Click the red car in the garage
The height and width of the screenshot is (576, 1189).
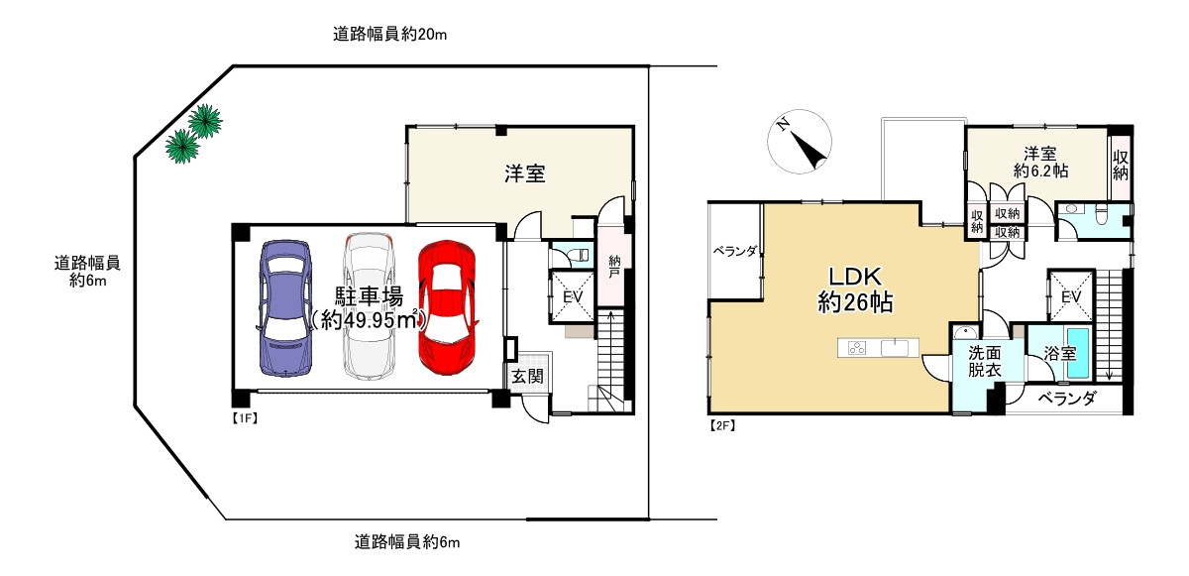click(447, 307)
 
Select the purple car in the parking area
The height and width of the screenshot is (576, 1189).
click(286, 307)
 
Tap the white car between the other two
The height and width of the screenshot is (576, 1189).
click(369, 307)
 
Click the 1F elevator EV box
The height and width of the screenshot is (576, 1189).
click(573, 296)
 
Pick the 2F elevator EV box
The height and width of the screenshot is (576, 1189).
click(1070, 296)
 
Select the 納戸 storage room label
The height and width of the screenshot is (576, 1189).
click(614, 268)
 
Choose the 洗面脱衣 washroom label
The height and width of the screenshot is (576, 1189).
click(984, 361)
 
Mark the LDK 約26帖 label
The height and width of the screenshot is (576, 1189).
click(855, 290)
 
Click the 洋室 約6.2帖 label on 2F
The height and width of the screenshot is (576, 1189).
click(1039, 163)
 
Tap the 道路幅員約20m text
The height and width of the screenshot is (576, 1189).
click(390, 35)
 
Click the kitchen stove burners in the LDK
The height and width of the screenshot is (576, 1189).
click(857, 348)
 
